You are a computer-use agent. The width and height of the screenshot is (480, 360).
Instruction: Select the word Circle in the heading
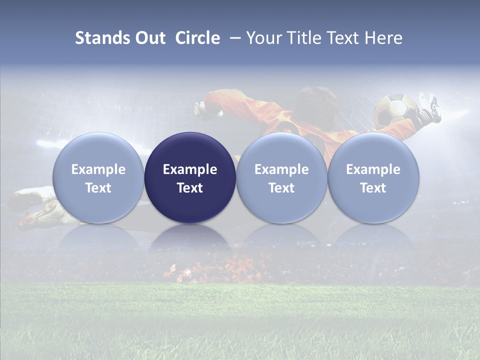pos(197,38)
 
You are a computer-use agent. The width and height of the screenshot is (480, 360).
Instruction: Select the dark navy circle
pos(190,178)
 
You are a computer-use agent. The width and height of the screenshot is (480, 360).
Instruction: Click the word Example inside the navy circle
pos(190,169)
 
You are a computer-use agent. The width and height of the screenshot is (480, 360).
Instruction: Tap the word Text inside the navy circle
pos(190,188)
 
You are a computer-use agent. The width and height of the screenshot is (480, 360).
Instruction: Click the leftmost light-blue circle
pos(98,178)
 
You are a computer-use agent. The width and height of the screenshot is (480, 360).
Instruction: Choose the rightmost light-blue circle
pos(373,178)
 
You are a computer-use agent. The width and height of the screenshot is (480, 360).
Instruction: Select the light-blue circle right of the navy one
pos(281,178)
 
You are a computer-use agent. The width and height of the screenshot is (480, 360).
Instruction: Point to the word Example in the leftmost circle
pos(98,169)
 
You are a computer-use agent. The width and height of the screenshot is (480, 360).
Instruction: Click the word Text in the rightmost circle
pos(373,188)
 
